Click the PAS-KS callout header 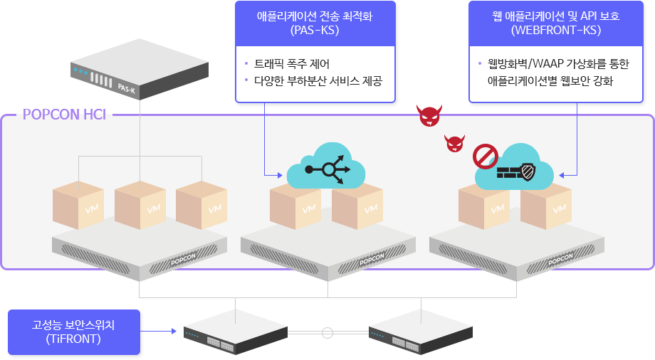[x=315, y=23]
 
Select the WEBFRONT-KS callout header [x=555, y=23]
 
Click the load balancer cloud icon [x=326, y=166]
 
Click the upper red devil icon [x=430, y=116]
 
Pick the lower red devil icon [x=455, y=143]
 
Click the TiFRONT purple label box [x=74, y=332]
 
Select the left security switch [x=236, y=332]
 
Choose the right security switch [x=420, y=332]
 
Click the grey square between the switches [x=327, y=332]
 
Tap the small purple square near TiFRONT [x=173, y=330]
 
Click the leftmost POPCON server [x=140, y=250]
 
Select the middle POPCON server [x=327, y=250]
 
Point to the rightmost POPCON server [x=516, y=250]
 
